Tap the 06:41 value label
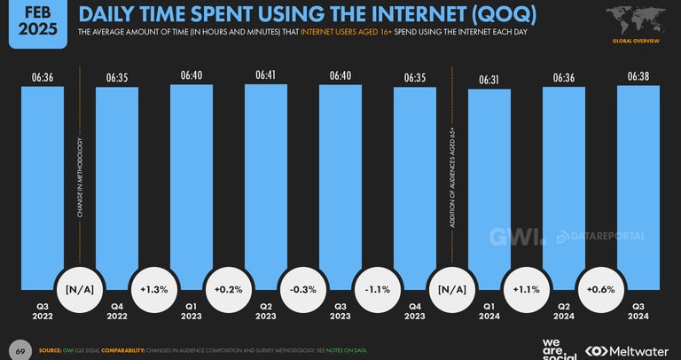(265, 75)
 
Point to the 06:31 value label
(489, 81)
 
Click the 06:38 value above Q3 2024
(638, 77)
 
